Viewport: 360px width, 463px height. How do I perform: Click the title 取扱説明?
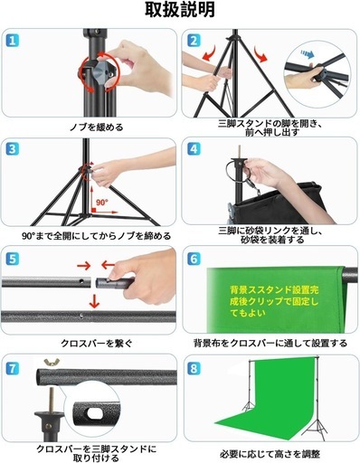180,10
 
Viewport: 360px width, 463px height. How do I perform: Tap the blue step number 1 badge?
13,41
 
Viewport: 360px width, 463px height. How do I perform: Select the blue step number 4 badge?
194,149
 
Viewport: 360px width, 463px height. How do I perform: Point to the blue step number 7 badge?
13,368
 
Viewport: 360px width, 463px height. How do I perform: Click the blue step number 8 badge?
194,368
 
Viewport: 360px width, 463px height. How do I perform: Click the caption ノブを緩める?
97,127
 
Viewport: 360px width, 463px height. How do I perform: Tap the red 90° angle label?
102,202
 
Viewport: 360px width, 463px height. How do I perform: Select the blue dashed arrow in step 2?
308,54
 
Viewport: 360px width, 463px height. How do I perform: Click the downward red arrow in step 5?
94,301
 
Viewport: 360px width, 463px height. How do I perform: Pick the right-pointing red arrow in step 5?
84,266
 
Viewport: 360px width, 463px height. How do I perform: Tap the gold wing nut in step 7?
52,362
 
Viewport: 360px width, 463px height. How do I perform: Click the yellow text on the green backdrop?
274,301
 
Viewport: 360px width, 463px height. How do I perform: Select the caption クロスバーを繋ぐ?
97,344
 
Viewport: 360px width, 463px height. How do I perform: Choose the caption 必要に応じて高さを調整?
270,454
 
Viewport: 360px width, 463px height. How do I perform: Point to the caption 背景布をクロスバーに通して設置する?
270,343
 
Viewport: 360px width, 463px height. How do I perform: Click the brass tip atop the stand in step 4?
239,151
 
